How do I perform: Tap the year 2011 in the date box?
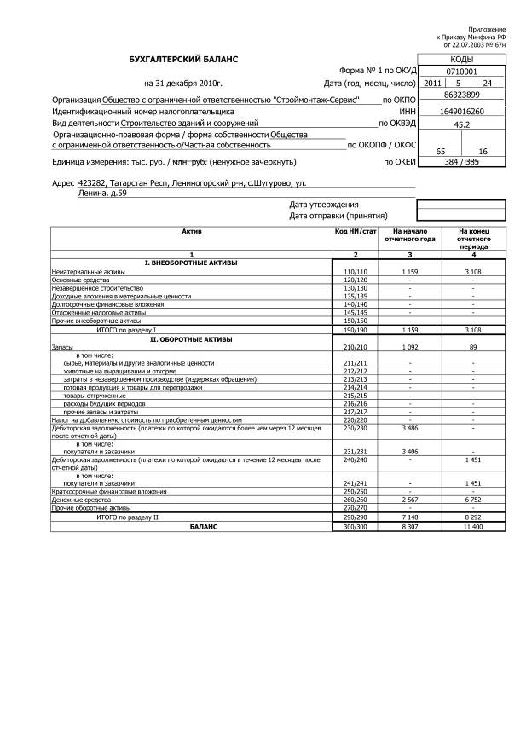(x=433, y=84)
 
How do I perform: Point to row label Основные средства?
(x=77, y=280)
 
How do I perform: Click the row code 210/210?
(x=355, y=348)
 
